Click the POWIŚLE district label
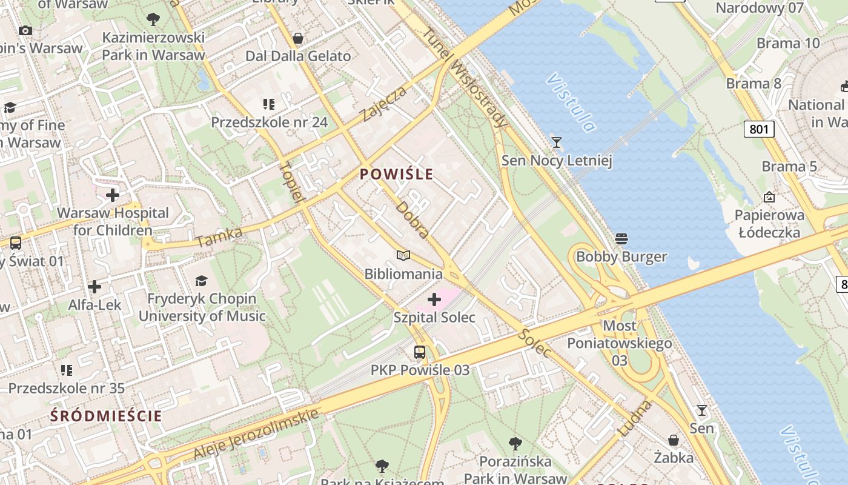pyautogui.click(x=397, y=175)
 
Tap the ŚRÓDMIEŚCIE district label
pyautogui.click(x=106, y=416)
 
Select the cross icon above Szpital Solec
pyautogui.click(x=434, y=299)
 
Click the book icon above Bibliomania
pyautogui.click(x=403, y=256)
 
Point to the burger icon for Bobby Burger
pyautogui.click(x=621, y=239)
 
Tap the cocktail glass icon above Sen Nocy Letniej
pyautogui.click(x=556, y=142)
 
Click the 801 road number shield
pyautogui.click(x=759, y=129)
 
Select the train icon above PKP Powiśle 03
pyautogui.click(x=420, y=352)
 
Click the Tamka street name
pyautogui.click(x=219, y=237)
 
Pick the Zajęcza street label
pyautogui.click(x=384, y=104)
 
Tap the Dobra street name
pyautogui.click(x=413, y=219)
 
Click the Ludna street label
pyautogui.click(x=635, y=418)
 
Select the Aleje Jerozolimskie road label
pyautogui.click(x=256, y=435)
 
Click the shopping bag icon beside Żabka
pyautogui.click(x=674, y=440)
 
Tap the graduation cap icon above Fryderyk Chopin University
pyautogui.click(x=201, y=281)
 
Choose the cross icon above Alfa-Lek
pyautogui.click(x=94, y=286)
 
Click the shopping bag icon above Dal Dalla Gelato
pyautogui.click(x=297, y=38)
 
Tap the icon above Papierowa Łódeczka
pyautogui.click(x=769, y=197)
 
